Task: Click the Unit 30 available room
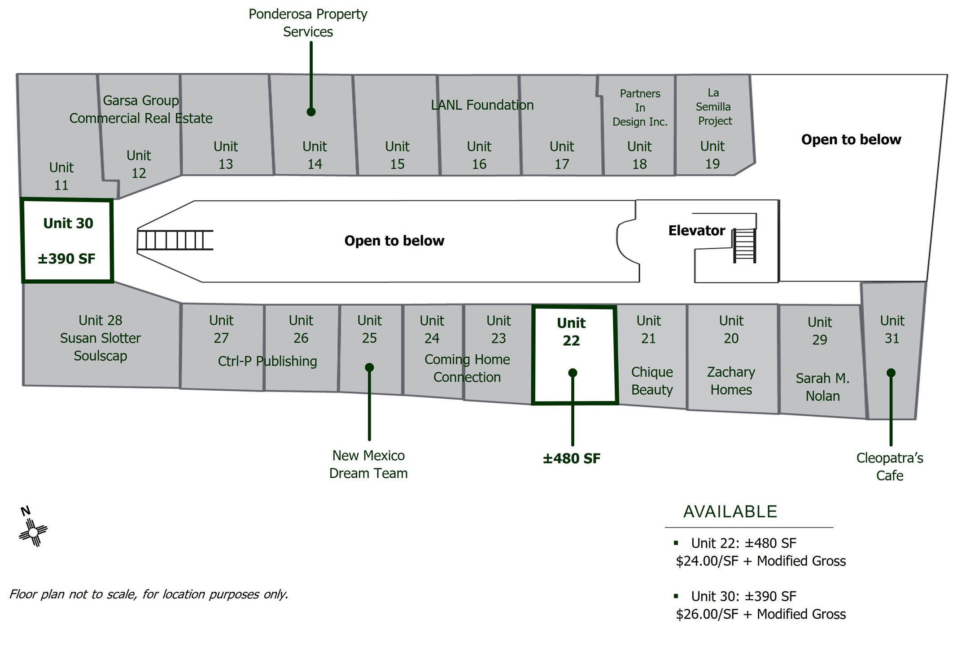pos(67,241)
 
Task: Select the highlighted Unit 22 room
pos(574,355)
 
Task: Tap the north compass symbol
pos(33,528)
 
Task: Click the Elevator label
pos(696,231)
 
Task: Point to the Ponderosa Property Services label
pos(308,23)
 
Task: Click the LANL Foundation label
pos(482,105)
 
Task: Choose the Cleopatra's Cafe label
pos(890,467)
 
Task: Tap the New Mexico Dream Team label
pos(368,464)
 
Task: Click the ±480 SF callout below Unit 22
pos(571,458)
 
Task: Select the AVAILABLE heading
pos(730,512)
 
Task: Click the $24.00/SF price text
pos(707,561)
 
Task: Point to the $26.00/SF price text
pos(707,614)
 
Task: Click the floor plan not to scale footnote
pos(149,594)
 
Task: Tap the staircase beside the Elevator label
pos(744,245)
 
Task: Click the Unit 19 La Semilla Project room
pos(714,125)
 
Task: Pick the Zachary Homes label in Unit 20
pos(731,381)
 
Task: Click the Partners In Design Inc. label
pos(640,108)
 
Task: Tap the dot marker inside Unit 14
pos(311,112)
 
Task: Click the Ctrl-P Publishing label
pos(267,361)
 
